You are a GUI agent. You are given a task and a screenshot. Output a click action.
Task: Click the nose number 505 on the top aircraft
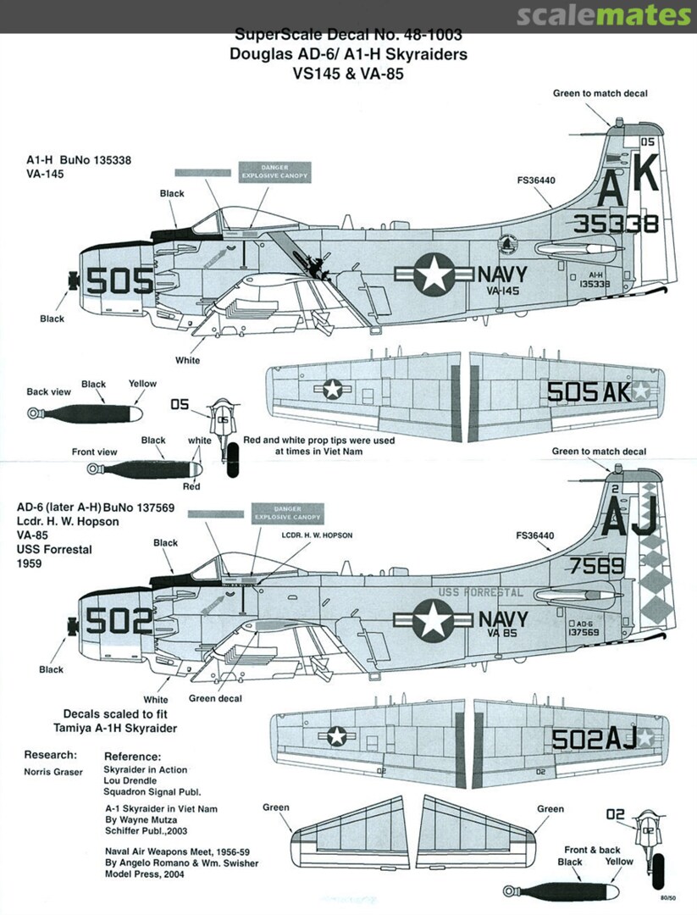coord(120,280)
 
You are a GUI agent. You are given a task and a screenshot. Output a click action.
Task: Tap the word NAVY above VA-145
coord(502,274)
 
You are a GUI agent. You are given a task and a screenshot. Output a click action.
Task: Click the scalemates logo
coord(602,15)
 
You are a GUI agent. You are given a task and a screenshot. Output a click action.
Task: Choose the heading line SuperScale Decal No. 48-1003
coord(348,36)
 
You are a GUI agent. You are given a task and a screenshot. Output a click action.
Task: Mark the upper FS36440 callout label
coord(535,180)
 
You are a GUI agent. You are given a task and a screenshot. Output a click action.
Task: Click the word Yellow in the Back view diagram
coord(142,384)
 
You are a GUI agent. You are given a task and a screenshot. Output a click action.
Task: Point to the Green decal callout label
coord(215,698)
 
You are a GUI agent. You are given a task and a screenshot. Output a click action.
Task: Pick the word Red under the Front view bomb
coord(191,486)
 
